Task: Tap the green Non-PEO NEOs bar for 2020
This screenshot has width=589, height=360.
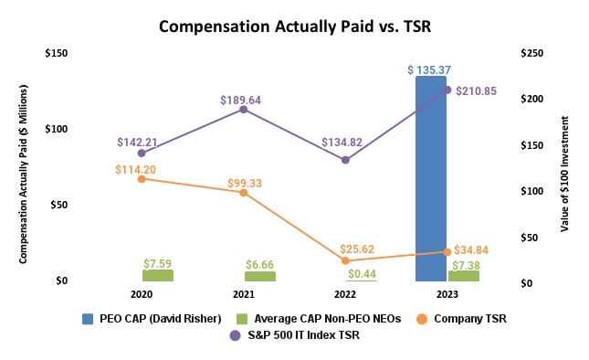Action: (x=157, y=275)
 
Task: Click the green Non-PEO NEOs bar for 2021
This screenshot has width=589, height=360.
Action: (x=259, y=276)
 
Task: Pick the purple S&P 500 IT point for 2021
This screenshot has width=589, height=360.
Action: (x=243, y=110)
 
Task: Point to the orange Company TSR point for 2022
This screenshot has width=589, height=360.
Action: (x=345, y=260)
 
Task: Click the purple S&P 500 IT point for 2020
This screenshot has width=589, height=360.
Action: (x=141, y=153)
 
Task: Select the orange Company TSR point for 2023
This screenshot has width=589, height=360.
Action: (x=447, y=251)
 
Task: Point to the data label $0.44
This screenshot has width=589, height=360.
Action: (x=363, y=273)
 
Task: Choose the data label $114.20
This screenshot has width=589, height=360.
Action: (x=137, y=169)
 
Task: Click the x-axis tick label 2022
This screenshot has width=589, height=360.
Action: (x=345, y=295)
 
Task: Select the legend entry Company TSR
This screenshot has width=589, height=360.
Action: (x=466, y=319)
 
